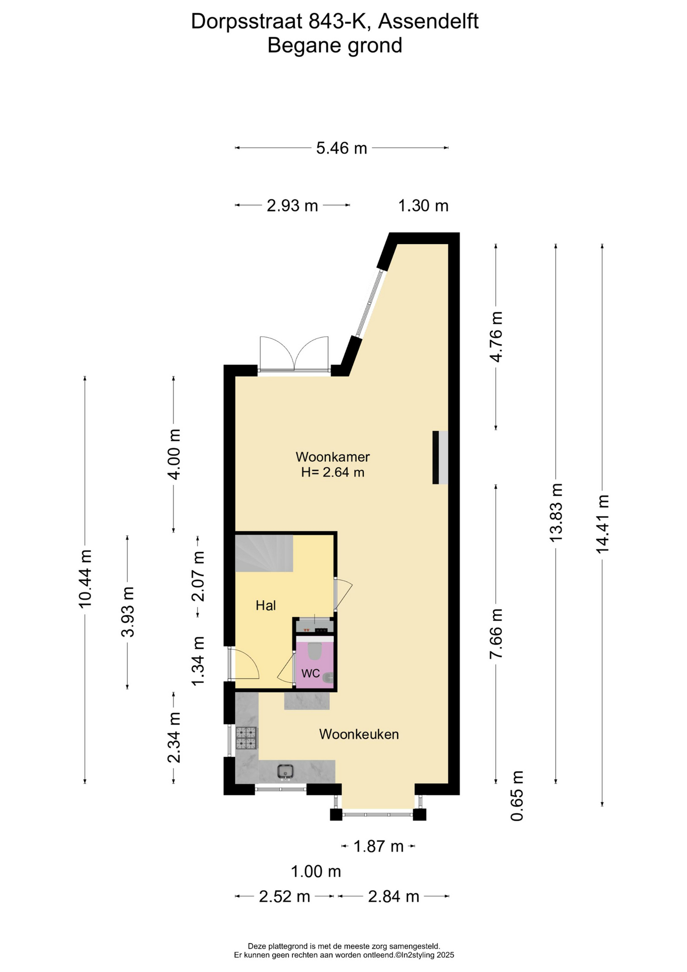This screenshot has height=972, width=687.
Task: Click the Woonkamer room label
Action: point(332,457)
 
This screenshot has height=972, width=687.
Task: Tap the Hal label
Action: point(266,605)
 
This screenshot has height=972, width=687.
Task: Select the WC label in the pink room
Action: point(310,673)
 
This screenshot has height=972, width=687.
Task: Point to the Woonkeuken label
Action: point(359,734)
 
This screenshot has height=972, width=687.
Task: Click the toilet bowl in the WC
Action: point(315,651)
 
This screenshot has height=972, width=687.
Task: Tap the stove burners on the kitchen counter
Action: point(246,738)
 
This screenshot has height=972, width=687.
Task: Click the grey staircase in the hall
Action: point(264,553)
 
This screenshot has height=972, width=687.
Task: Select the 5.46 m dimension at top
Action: point(341,148)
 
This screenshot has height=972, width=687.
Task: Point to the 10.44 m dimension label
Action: point(85,579)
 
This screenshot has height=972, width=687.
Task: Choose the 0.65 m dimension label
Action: point(517,796)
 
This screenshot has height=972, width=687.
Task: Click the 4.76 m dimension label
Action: point(496,337)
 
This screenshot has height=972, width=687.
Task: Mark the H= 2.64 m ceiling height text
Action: point(333,472)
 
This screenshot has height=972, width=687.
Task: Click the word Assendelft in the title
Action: point(428,21)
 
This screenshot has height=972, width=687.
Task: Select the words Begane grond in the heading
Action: point(335,46)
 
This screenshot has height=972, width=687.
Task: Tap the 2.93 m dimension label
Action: point(292,206)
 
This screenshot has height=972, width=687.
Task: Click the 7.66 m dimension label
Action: point(496,634)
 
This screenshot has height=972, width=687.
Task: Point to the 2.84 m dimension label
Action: point(394,897)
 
